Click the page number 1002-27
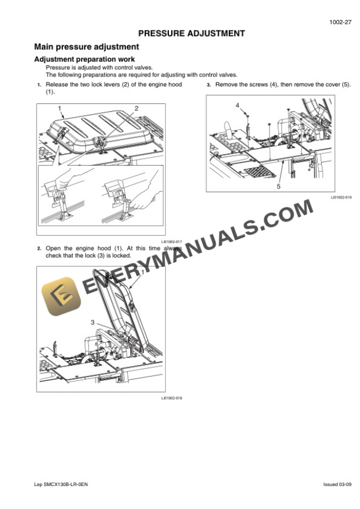coord(340,22)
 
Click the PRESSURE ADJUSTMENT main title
coord(192,34)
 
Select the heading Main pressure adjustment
coord(86,47)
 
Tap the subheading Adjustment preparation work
coord(85,59)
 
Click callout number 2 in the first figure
coord(136,108)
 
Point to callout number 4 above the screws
coord(238,105)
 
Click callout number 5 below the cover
coord(278,187)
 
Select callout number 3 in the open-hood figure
coord(92,322)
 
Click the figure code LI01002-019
coord(341,197)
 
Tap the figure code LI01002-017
coord(172,242)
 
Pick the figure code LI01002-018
coord(172,398)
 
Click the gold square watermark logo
coord(61,296)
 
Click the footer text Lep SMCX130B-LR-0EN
coord(61,484)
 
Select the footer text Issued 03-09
coord(337,484)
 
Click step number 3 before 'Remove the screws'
coord(209,85)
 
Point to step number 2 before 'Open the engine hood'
coord(39,249)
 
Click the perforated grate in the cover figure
coord(259,172)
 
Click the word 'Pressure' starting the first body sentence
coord(58,68)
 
